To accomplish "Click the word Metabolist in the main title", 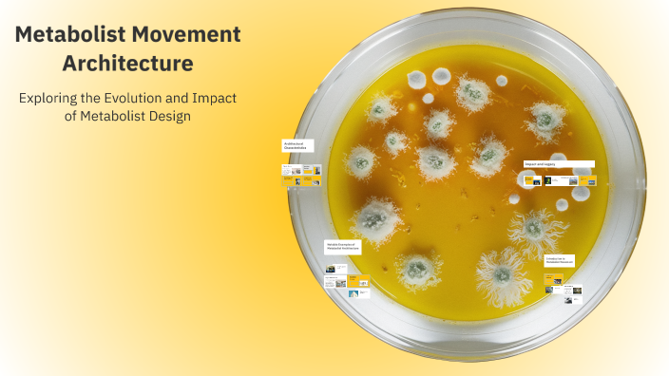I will point(71,35).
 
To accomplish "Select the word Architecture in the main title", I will point(127,64).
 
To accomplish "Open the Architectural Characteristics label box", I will point(296,147).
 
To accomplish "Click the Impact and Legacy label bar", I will point(559,163).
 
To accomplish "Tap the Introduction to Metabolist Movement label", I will point(559,259).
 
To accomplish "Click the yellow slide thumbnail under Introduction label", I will point(553,281).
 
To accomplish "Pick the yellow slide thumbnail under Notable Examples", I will point(358,281).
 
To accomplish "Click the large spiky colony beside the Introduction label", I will point(535,230).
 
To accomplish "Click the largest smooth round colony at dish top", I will point(442,76).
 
